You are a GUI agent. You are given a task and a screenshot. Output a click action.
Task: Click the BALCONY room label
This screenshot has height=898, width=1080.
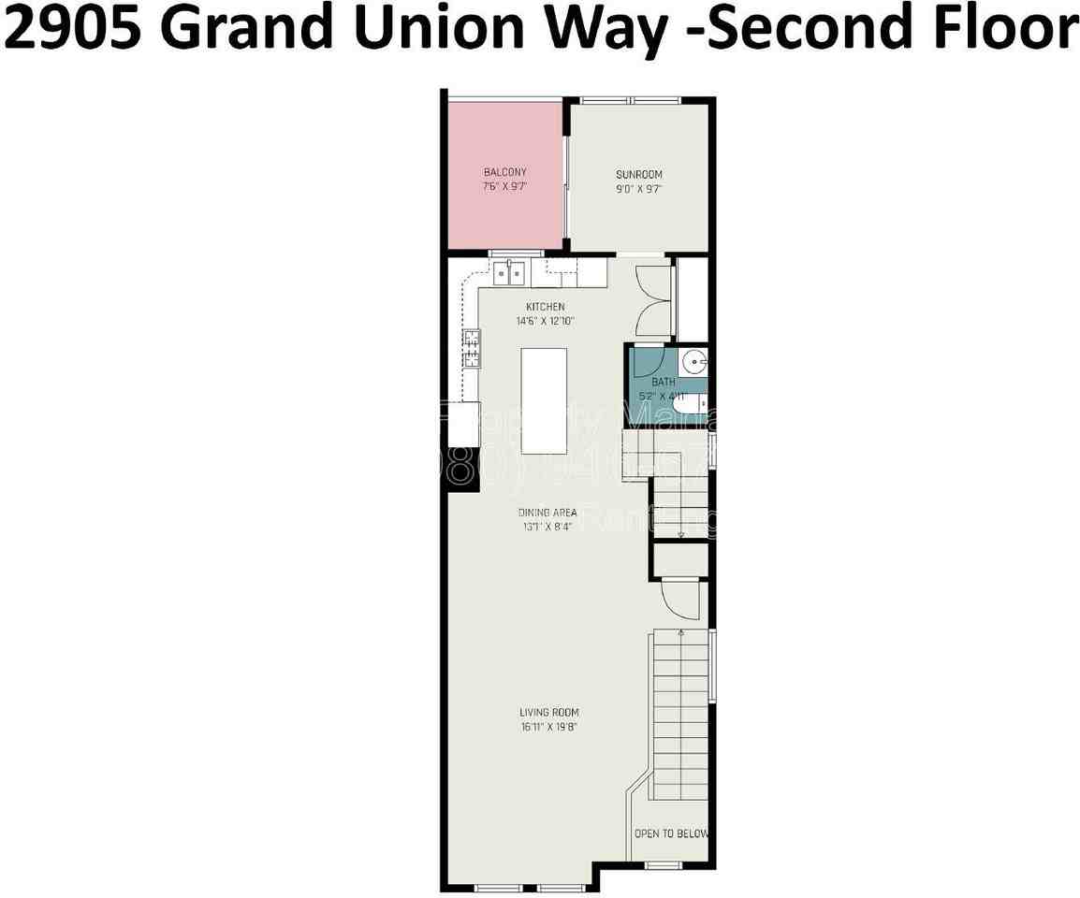(504, 172)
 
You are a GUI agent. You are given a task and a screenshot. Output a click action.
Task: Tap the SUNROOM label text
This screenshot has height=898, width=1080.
(638, 174)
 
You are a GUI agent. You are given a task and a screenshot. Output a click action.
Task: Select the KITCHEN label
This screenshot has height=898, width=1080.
(545, 307)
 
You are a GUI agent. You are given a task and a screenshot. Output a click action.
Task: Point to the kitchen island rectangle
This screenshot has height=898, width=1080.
(544, 399)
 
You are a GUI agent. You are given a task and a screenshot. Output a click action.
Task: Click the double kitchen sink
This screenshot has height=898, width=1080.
(509, 274)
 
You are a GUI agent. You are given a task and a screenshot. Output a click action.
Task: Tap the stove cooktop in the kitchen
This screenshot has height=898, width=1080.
(471, 348)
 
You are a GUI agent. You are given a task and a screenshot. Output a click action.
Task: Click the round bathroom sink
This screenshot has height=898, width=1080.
(693, 360)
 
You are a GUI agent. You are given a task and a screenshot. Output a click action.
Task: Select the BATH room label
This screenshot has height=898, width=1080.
(663, 382)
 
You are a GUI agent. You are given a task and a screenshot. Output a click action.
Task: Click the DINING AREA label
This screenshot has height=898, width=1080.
(547, 513)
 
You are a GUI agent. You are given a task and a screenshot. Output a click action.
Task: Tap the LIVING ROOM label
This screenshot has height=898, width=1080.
(547, 713)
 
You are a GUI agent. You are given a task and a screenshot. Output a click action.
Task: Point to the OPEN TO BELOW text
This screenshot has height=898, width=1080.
(670, 833)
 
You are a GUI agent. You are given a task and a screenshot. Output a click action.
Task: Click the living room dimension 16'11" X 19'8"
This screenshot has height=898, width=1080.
(547, 727)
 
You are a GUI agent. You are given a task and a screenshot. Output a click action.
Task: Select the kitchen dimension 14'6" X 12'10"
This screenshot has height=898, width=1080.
(545, 321)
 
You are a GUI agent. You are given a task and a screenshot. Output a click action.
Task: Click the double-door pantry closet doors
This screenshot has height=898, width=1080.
(653, 300)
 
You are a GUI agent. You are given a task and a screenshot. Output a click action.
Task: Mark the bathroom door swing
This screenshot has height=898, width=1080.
(646, 362)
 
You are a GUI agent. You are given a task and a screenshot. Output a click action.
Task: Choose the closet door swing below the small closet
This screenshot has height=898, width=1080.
(680, 598)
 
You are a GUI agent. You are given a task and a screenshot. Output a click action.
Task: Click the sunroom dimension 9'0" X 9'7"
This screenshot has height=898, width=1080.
(638, 188)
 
